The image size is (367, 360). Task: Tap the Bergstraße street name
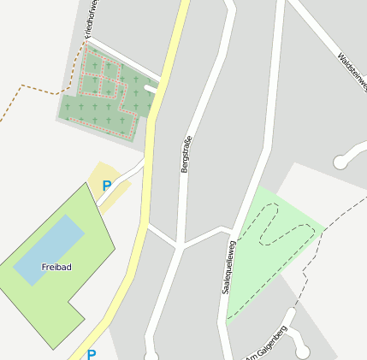(x=186, y=154)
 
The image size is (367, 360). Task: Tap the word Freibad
(x=56, y=267)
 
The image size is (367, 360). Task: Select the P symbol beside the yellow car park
(x=107, y=186)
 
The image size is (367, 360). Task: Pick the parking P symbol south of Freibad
(x=92, y=354)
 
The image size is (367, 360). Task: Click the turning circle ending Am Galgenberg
(x=302, y=351)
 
